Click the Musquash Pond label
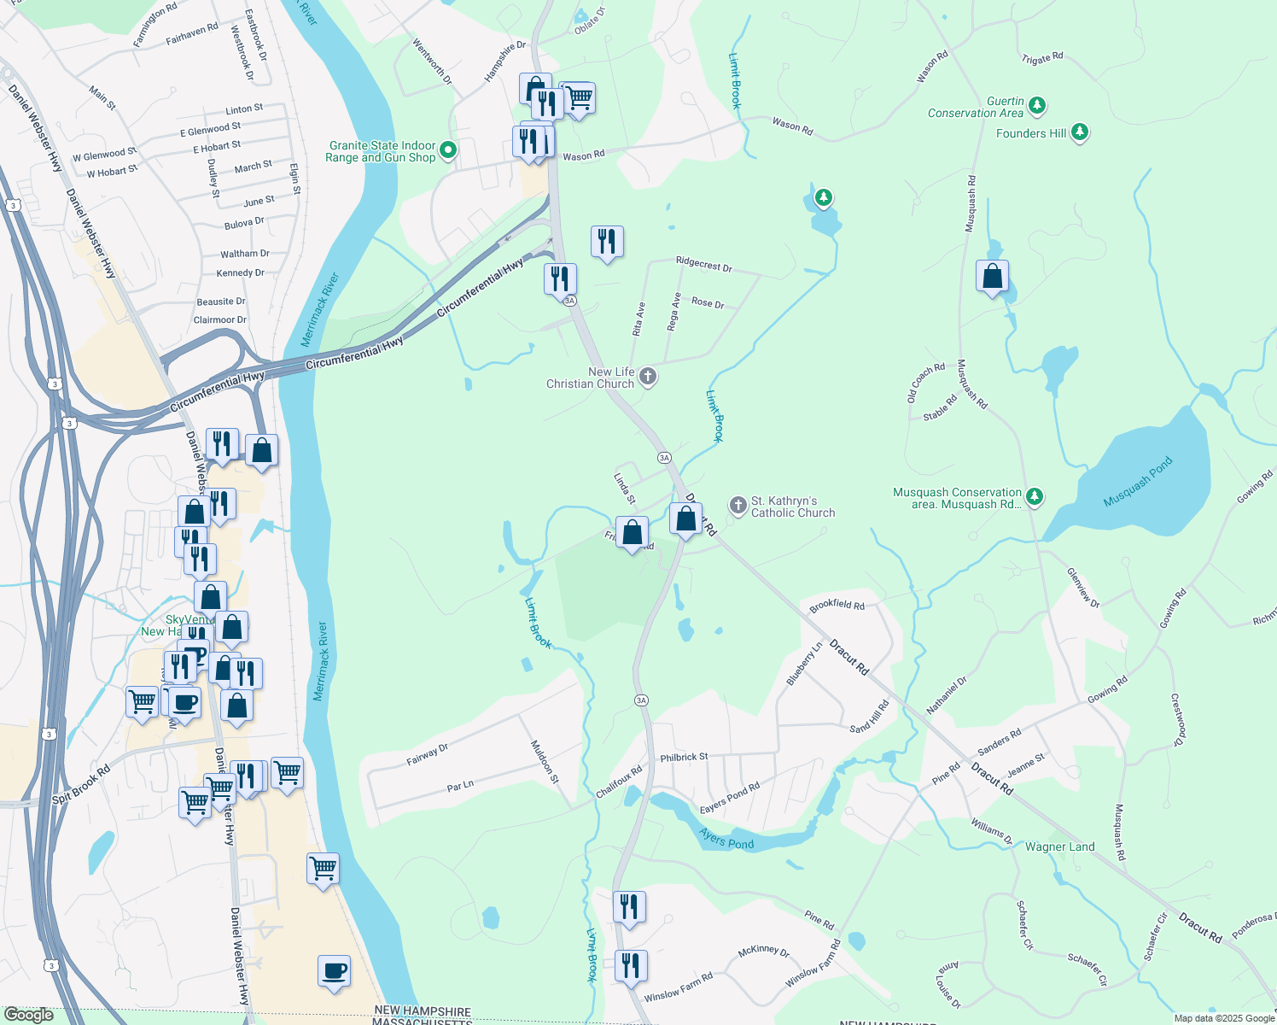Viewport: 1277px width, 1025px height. [1138, 482]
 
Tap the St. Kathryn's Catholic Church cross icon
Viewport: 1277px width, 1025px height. [738, 506]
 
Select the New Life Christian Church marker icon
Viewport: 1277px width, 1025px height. [648, 377]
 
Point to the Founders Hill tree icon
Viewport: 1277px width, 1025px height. [1080, 132]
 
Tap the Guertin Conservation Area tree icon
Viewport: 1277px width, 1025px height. [1037, 106]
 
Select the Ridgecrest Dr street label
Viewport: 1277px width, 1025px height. [703, 263]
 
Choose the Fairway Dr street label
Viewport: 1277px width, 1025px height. [428, 754]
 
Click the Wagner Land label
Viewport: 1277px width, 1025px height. [1059, 847]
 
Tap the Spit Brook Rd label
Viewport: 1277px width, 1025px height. [81, 785]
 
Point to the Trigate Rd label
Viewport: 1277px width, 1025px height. [1042, 58]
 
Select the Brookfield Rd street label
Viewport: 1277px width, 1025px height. [837, 605]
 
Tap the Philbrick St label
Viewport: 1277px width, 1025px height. [684, 757]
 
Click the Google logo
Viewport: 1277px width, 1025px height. [29, 1015]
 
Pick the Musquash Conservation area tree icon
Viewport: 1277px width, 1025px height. [1035, 496]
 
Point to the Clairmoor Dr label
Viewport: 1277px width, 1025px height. [219, 320]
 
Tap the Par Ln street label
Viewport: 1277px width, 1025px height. [460, 786]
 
